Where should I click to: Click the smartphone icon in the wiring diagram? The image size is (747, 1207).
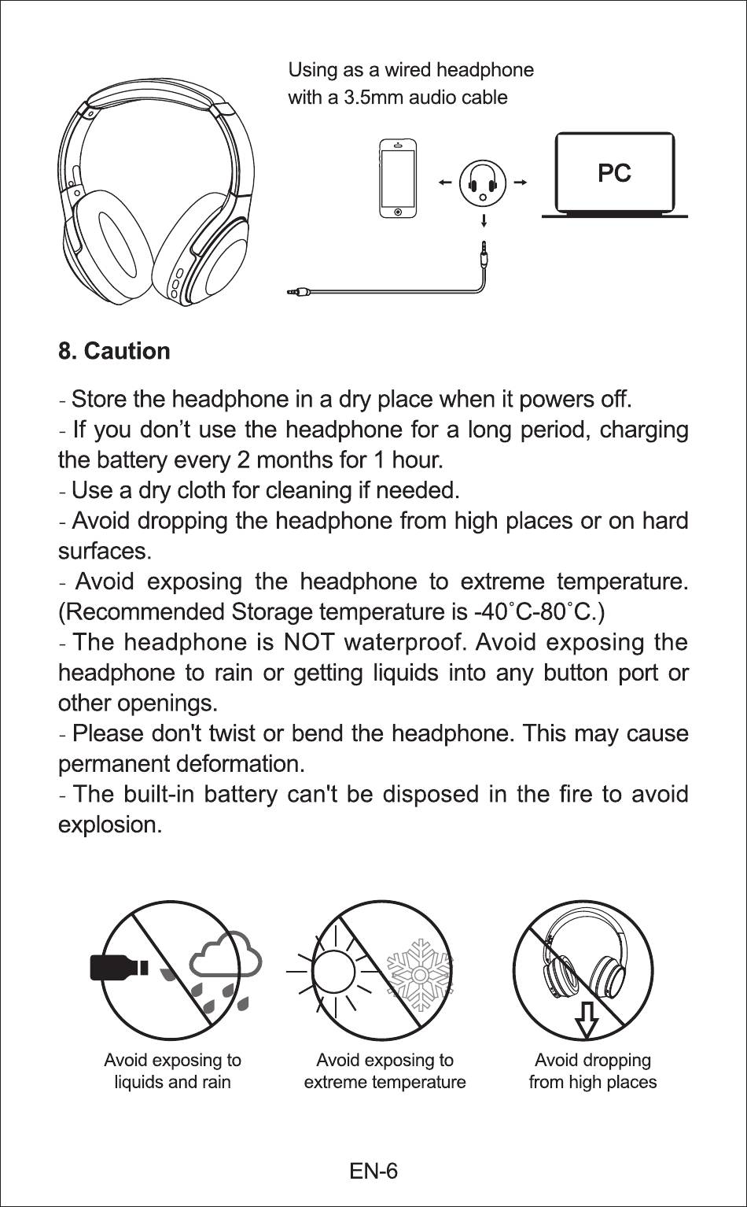(x=398, y=179)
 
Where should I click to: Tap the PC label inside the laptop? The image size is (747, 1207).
(x=614, y=173)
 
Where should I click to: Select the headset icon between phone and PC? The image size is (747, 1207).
(x=483, y=183)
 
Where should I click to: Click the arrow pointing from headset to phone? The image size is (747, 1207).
(x=446, y=183)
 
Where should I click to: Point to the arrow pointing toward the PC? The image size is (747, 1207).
(x=520, y=183)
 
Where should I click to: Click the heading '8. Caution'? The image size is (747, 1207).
(x=114, y=351)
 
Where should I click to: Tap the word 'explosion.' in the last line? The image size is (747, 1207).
(x=110, y=825)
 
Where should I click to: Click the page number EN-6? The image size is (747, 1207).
(x=373, y=1171)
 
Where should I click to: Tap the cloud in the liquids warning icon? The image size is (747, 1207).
(x=226, y=956)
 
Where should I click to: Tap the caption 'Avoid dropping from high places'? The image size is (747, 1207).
(x=592, y=1071)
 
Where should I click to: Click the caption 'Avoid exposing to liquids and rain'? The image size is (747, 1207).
(x=172, y=1071)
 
